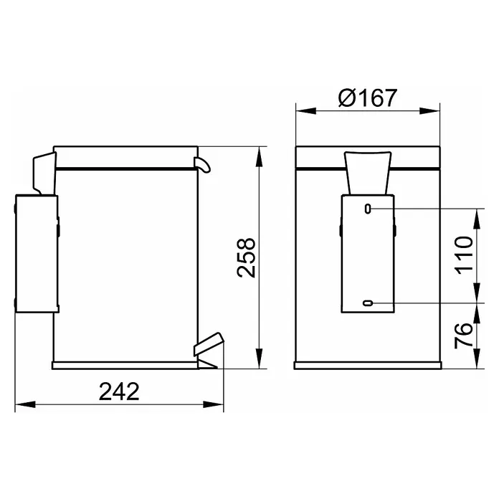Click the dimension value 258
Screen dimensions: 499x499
point(247,258)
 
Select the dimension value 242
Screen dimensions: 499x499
point(119,391)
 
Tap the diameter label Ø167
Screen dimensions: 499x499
point(368,98)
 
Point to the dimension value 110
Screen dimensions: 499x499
point(465,255)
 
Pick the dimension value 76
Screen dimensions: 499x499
point(464,336)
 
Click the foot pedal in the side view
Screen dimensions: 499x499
point(209,343)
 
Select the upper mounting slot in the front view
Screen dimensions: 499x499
point(368,209)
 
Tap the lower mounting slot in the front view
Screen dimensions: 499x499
point(368,303)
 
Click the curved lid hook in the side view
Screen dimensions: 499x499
point(202,164)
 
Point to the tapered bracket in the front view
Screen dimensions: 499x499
point(368,173)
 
